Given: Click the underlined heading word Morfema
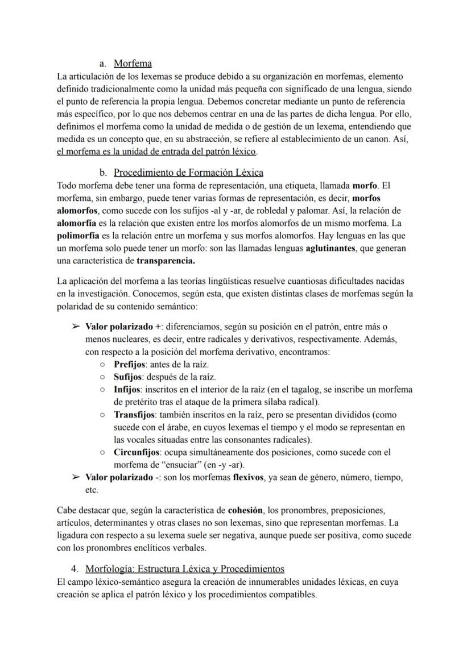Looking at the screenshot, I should click(x=133, y=64).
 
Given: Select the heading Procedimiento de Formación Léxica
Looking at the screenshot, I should click(x=188, y=172).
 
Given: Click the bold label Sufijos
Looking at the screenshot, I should click(x=128, y=377).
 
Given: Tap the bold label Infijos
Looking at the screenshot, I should click(x=127, y=389).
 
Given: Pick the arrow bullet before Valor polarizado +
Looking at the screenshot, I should click(x=76, y=327).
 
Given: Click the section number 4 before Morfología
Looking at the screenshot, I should click(x=75, y=569).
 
